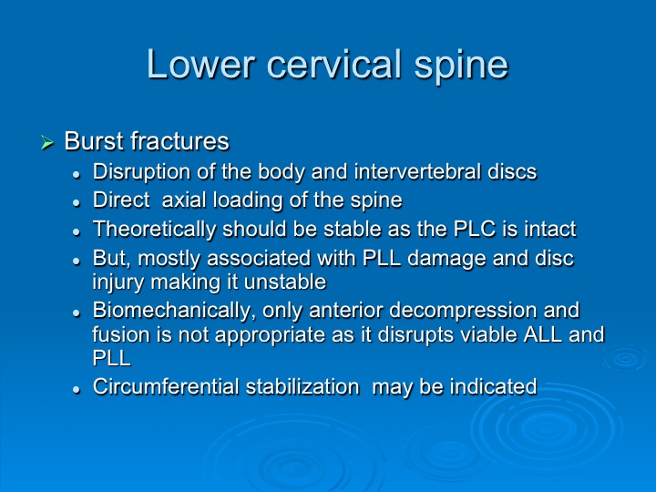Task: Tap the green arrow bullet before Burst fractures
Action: coord(47,142)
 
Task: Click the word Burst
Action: coord(95,141)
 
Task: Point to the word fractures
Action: coord(179,141)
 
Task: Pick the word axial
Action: coord(184,200)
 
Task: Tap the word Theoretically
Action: coord(154,230)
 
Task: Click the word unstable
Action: coord(284,282)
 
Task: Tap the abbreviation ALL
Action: coord(543,334)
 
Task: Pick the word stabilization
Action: coord(302,386)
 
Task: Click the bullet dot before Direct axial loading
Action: coord(77,203)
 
